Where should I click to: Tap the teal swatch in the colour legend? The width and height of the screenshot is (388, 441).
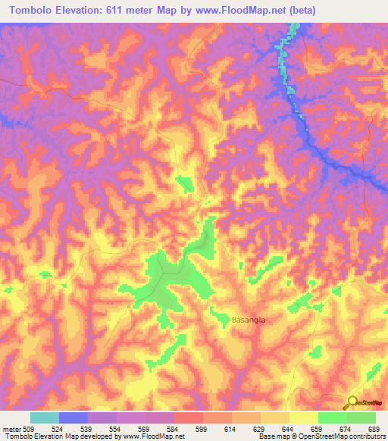(x=45, y=418)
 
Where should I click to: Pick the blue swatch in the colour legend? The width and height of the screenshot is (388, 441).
(x=74, y=418)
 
